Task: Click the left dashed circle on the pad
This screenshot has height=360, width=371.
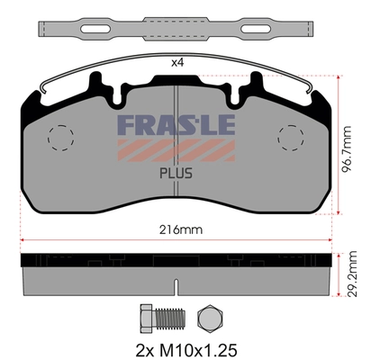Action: (x=59, y=137)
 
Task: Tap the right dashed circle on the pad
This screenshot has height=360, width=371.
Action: (x=291, y=137)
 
